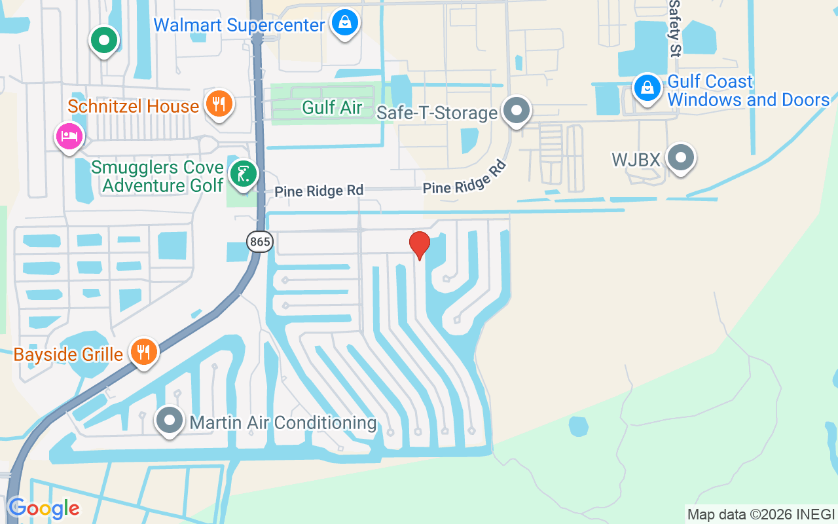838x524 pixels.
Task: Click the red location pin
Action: (419, 245)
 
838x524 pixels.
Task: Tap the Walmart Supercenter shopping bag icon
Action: (344, 24)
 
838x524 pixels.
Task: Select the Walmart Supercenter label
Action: (239, 26)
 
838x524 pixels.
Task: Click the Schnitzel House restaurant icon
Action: (219, 103)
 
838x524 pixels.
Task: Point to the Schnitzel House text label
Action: (133, 106)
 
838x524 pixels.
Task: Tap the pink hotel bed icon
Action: (69, 136)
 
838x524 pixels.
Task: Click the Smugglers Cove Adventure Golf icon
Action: (244, 174)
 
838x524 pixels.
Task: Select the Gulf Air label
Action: (332, 108)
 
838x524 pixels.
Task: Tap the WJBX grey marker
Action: (681, 158)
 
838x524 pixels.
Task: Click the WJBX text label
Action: (635, 159)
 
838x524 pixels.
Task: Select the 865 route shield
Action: (260, 242)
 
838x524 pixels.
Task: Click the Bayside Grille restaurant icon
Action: (143, 352)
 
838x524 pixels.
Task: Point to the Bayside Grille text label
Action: (68, 355)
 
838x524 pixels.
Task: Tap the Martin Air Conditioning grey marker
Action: (170, 421)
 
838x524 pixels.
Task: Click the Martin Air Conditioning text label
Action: (283, 422)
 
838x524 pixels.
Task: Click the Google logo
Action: (43, 508)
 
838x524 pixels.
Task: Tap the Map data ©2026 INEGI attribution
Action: (761, 514)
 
